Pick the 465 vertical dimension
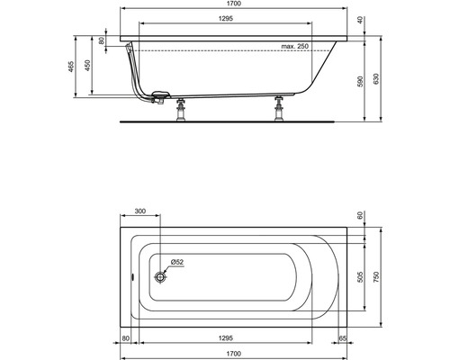point(71,67)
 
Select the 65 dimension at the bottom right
point(344,340)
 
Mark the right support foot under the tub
point(279,109)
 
